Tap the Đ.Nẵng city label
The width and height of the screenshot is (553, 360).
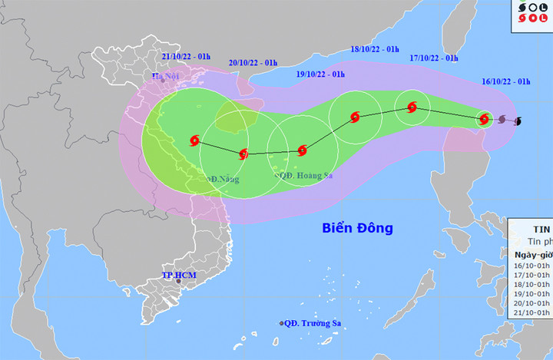[x=224, y=179]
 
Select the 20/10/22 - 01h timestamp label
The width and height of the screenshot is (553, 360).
[x=253, y=62]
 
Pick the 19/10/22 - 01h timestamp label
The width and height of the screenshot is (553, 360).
[x=320, y=74]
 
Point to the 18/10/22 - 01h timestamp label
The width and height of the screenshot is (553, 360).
[x=375, y=49]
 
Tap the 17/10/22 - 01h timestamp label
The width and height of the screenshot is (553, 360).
[x=433, y=58]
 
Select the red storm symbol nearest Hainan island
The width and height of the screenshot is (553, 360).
[x=243, y=154]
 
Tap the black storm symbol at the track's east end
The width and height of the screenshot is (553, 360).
[x=518, y=121]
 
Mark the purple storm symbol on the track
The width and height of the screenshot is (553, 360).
[x=502, y=120]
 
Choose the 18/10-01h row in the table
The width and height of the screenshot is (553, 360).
[x=531, y=283]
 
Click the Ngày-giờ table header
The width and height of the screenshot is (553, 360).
[x=531, y=253]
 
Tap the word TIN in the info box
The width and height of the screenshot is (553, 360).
[x=541, y=229]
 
